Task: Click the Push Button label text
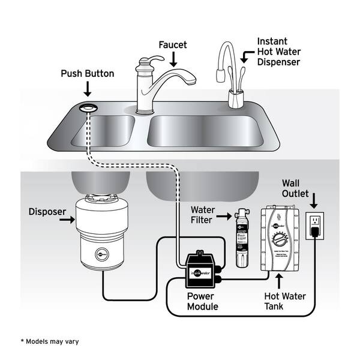(88, 74)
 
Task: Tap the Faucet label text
(173, 44)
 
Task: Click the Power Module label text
(202, 301)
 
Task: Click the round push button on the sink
(88, 107)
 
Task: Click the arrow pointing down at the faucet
(173, 59)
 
